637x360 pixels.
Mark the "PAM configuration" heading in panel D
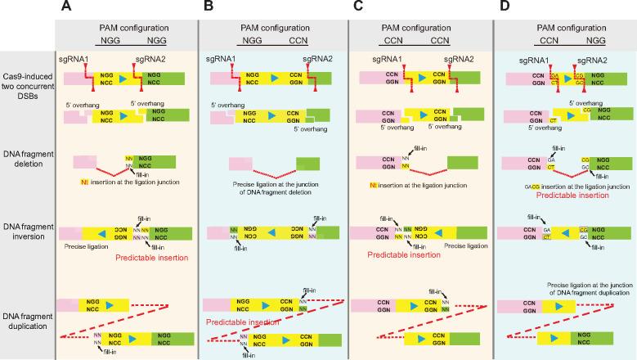pyautogui.click(x=566, y=26)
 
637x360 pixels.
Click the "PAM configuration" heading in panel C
pyautogui.click(x=419, y=26)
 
